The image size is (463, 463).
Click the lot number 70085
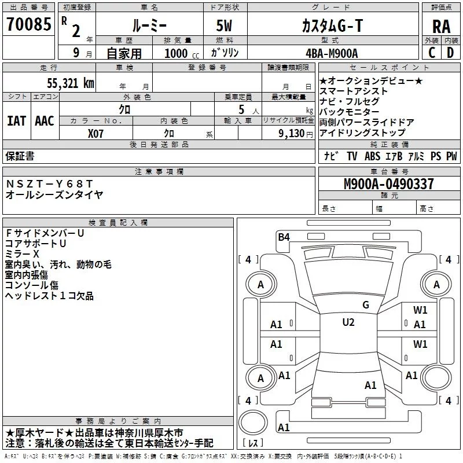(x=28, y=24)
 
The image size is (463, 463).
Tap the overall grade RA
(x=441, y=27)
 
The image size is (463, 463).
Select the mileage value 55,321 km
(x=71, y=83)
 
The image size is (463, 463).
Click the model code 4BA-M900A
(x=332, y=53)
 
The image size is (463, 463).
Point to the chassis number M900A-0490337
(x=389, y=184)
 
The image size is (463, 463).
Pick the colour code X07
(x=95, y=134)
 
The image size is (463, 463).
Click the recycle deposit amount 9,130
(x=292, y=134)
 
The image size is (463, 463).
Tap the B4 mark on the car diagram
(x=284, y=237)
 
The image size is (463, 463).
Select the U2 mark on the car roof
(x=348, y=322)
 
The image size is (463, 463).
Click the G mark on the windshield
(x=366, y=304)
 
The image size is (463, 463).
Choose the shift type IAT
(x=17, y=121)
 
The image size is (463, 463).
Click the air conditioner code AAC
(x=45, y=121)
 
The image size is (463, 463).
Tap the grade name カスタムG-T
(x=332, y=25)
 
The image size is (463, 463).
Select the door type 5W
(x=224, y=25)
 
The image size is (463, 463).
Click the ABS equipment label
(x=372, y=156)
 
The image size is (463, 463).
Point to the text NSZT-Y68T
(x=49, y=184)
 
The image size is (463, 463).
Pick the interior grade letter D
(x=450, y=53)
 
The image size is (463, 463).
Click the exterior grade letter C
(x=432, y=53)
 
